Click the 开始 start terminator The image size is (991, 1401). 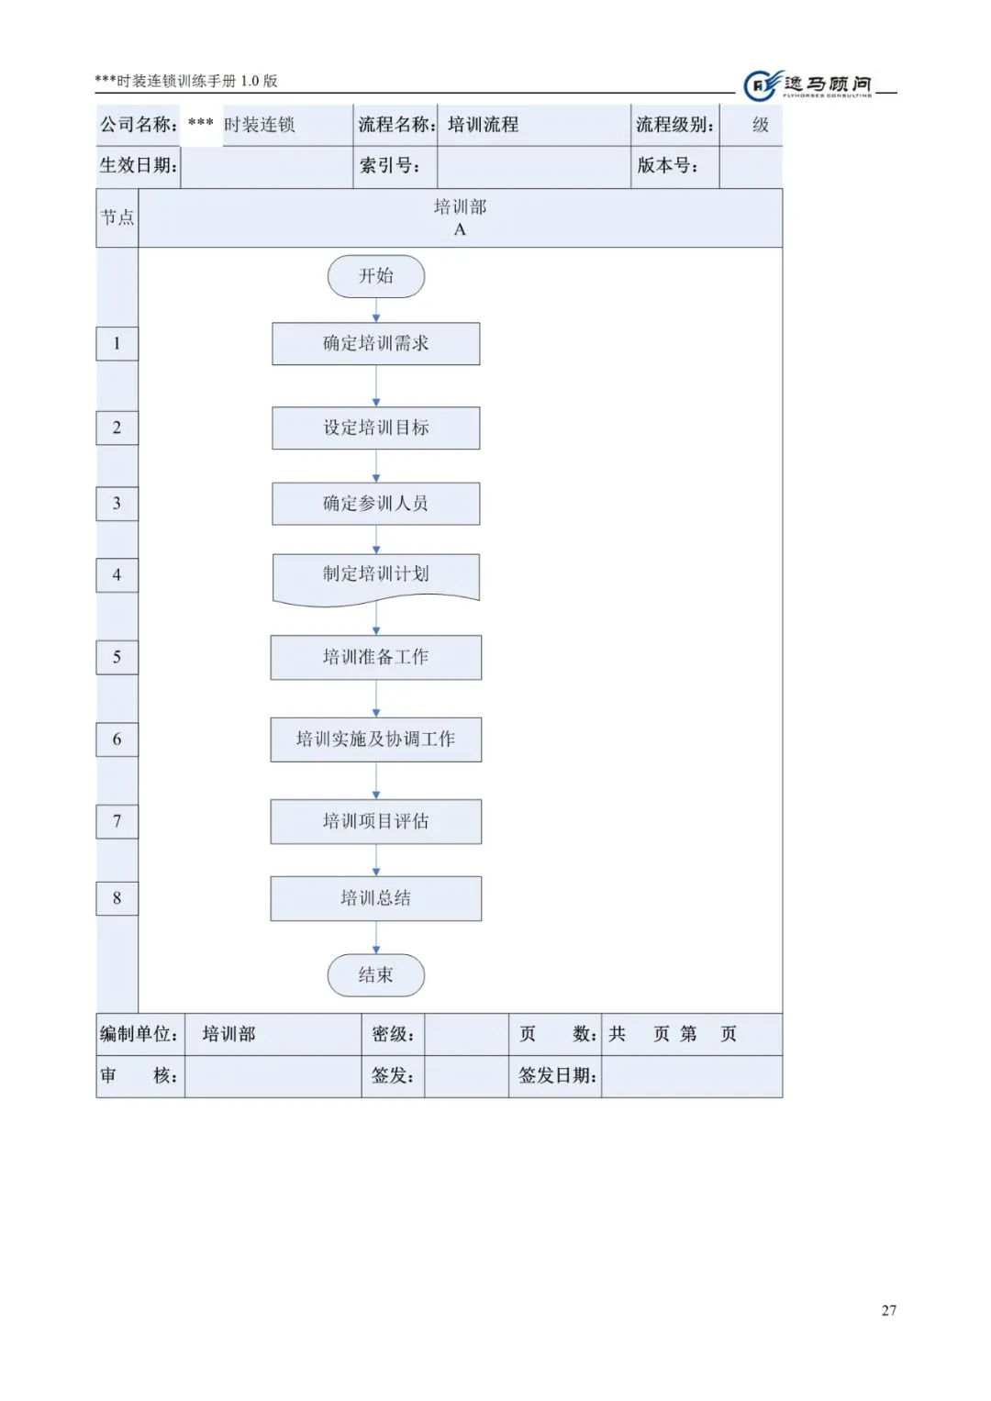pyautogui.click(x=376, y=276)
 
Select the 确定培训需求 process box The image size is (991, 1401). pyautogui.click(x=376, y=343)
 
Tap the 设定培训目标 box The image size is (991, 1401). pyautogui.click(x=376, y=428)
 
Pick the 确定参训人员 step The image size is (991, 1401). pyautogui.click(x=376, y=504)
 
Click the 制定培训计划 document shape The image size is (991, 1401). pyautogui.click(x=376, y=575)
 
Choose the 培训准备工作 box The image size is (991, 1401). pyautogui.click(x=376, y=657)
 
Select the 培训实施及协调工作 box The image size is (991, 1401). pyautogui.click(x=376, y=739)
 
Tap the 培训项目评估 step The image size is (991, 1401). pyautogui.click(x=376, y=821)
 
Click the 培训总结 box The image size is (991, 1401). pyautogui.click(x=376, y=898)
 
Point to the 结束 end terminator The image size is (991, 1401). pyautogui.click(x=376, y=974)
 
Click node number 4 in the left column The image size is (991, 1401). pyautogui.click(x=117, y=575)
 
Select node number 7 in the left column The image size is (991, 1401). pyautogui.click(x=117, y=821)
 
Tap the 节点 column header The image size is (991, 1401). pyautogui.click(x=117, y=217)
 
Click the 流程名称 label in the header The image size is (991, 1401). pyautogui.click(x=396, y=125)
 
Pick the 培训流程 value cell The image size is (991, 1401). pyautogui.click(x=484, y=125)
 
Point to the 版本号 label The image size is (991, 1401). pyautogui.click(x=668, y=166)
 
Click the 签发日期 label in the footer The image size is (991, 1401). pyautogui.click(x=557, y=1075)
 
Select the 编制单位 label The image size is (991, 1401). pyautogui.click(x=139, y=1034)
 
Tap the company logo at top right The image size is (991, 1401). pyautogui.click(x=807, y=85)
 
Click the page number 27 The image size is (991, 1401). pyautogui.click(x=888, y=1310)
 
